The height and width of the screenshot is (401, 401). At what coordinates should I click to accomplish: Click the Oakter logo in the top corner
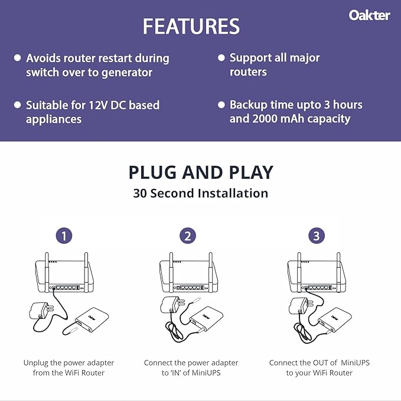369,15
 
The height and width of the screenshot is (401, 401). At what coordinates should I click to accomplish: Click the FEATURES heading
191,27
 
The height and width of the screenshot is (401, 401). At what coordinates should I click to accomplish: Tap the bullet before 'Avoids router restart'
18,58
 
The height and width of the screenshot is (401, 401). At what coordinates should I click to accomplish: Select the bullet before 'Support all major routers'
221,57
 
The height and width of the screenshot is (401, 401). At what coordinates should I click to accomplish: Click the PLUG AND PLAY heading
201,172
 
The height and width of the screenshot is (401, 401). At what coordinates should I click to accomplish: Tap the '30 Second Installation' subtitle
201,193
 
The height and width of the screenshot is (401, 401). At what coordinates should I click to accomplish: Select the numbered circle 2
188,236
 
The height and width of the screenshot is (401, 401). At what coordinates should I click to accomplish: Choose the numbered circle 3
317,236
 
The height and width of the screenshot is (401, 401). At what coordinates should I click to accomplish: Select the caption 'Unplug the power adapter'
69,363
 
